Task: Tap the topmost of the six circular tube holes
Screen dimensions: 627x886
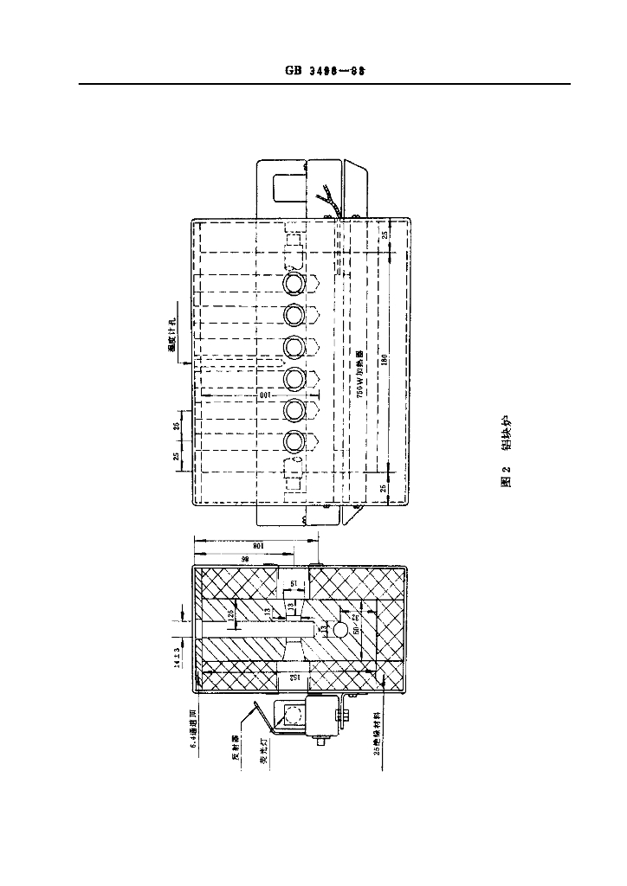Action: point(295,282)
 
